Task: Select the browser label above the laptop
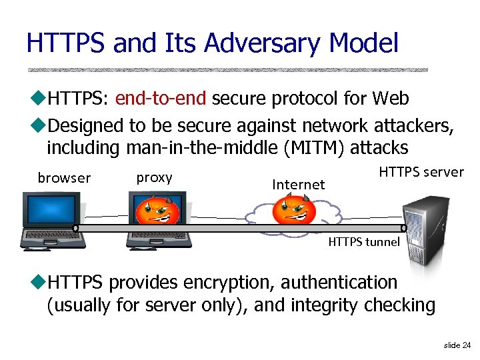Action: (64, 178)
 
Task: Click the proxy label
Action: (154, 177)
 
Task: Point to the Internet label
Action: (298, 184)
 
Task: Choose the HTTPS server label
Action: (421, 172)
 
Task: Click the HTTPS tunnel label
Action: (364, 242)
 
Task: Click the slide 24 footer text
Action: (457, 345)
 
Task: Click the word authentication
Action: (339, 282)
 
